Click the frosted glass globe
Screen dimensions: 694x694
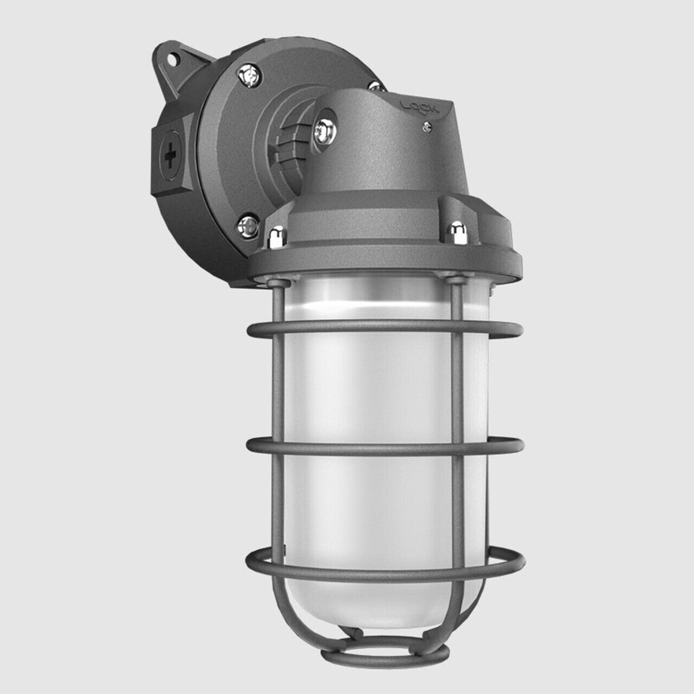pyautogui.click(x=373, y=390)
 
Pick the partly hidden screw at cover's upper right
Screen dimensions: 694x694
pyautogui.click(x=376, y=87)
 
